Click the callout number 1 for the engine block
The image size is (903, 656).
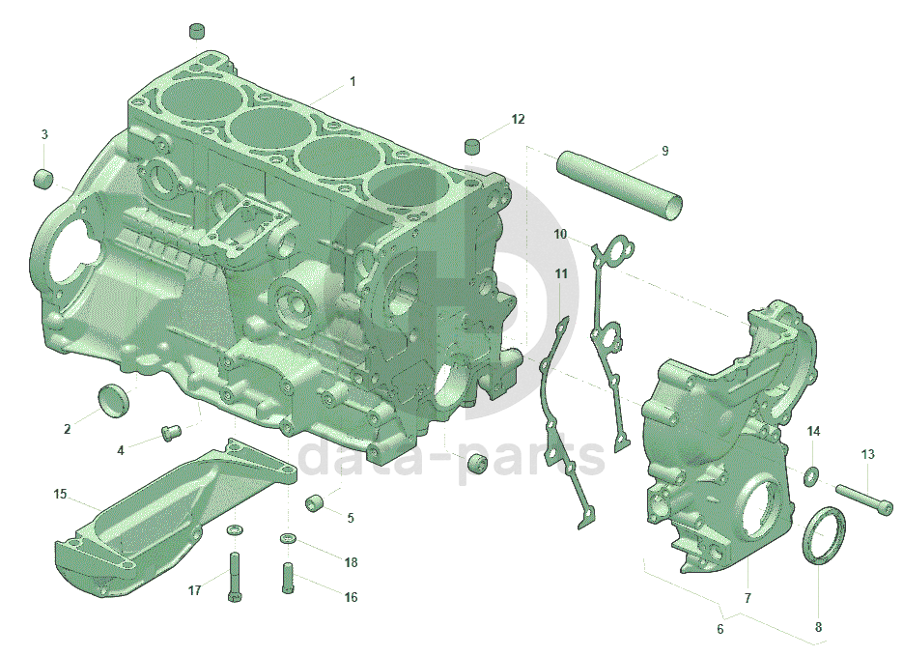click(353, 82)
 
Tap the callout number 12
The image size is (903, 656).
click(518, 119)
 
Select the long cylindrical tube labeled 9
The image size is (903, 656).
click(619, 185)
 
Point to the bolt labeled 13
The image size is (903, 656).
click(863, 499)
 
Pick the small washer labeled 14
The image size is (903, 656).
click(811, 475)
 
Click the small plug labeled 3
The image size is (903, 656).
click(43, 178)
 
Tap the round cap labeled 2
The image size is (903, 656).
click(115, 399)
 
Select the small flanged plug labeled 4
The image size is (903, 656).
click(171, 432)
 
